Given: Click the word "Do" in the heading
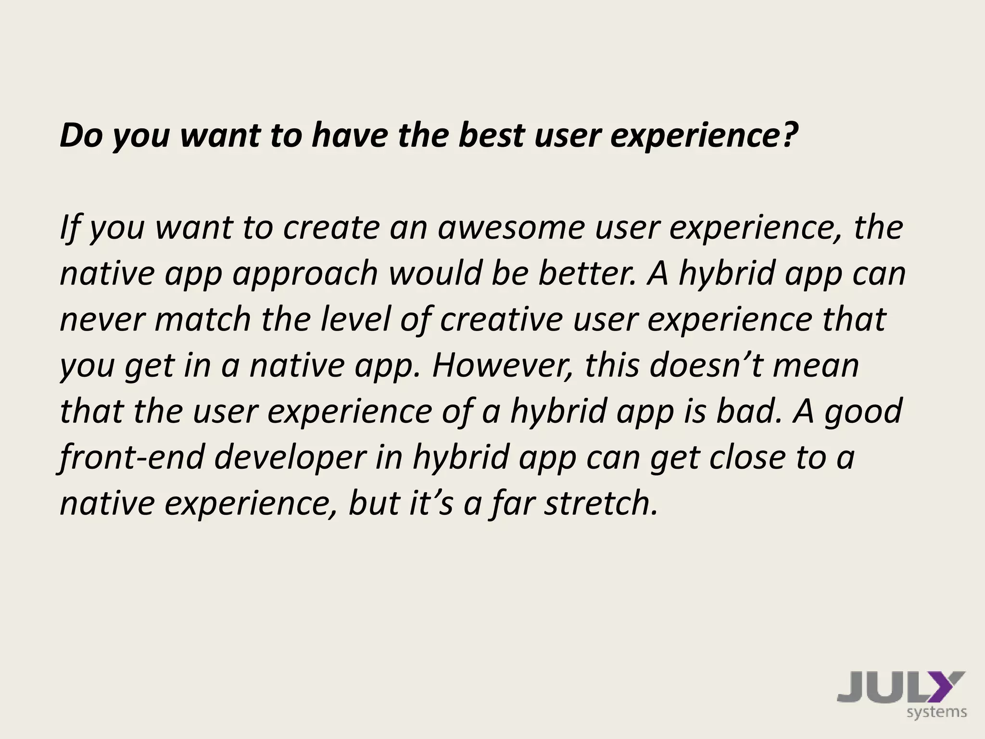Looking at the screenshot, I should pyautogui.click(x=80, y=136).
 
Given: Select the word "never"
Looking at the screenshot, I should pyautogui.click(x=102, y=319).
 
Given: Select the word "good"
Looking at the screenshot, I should pyautogui.click(x=863, y=412).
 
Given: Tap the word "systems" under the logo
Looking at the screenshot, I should pyautogui.click(x=936, y=712).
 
